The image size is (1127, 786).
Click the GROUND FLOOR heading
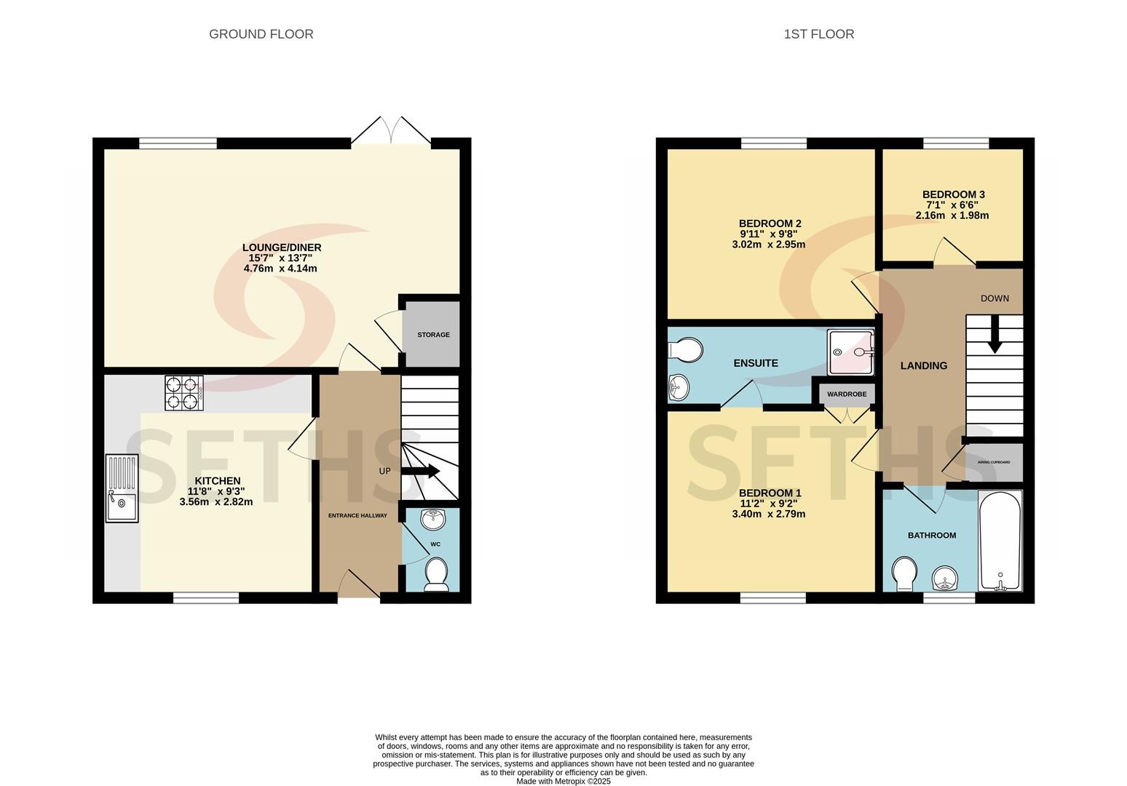pos(261,34)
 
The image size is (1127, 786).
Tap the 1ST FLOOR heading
pos(818,34)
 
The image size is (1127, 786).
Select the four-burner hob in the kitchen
pos(184,393)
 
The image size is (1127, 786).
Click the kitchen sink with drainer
pos(122,488)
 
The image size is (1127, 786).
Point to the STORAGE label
pos(433,335)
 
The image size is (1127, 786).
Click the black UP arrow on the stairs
pos(421,471)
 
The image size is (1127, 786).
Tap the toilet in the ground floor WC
pos(437,574)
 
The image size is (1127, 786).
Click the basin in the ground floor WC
pos(432,520)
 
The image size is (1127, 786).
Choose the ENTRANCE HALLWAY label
pos(357,515)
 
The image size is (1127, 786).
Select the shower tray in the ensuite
pos(851,352)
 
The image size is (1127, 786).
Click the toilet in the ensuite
pos(685,349)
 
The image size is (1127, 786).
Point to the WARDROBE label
pos(847,394)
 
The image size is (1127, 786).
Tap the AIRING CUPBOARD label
pos(994,462)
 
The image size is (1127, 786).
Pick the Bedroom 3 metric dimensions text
pos(952,215)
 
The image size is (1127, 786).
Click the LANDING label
pos(924,366)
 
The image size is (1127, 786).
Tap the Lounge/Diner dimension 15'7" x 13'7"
pos(280,258)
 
